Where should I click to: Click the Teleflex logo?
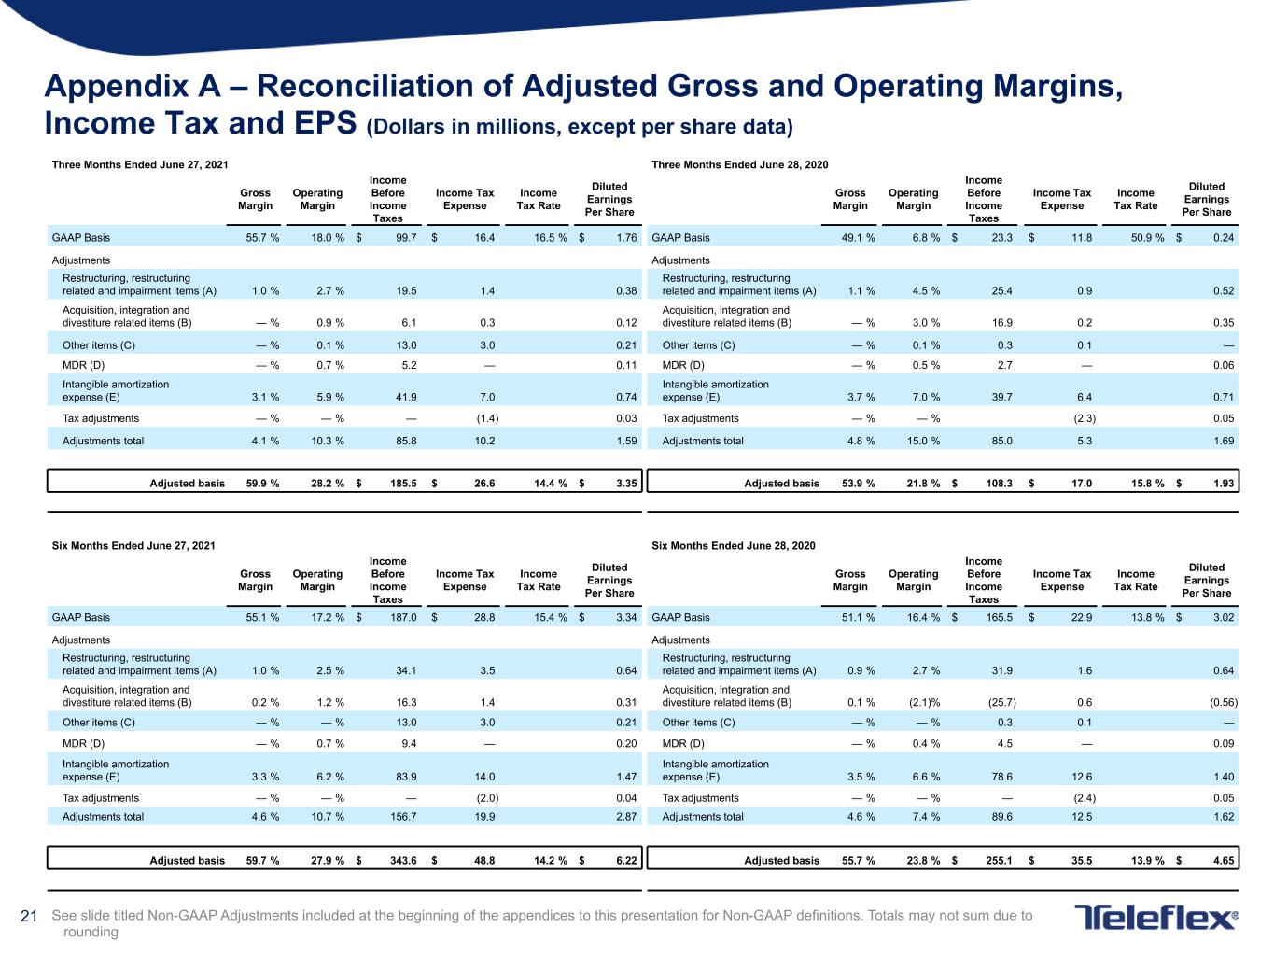(x=1156, y=917)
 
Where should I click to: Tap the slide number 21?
(x=28, y=916)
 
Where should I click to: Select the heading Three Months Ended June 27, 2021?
(x=140, y=164)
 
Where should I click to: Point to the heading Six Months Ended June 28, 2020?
(x=733, y=545)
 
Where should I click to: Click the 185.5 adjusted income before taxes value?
(x=403, y=483)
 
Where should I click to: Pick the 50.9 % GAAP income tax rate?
(x=1147, y=237)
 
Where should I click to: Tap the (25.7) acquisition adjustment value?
(x=1001, y=702)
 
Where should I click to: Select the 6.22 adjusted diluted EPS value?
(x=626, y=860)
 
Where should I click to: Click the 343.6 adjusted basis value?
(x=403, y=860)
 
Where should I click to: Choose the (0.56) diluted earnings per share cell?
(x=1224, y=702)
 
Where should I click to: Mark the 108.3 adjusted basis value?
(x=999, y=483)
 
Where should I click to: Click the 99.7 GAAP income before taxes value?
(x=406, y=237)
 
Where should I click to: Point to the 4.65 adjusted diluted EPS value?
(x=1224, y=860)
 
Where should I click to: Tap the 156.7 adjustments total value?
(x=403, y=816)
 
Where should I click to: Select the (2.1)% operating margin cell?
(x=925, y=702)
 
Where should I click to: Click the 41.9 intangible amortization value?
(x=406, y=397)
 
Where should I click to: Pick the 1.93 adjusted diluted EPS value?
(x=1224, y=483)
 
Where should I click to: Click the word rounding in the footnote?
(x=91, y=933)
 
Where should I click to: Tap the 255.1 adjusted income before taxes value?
(x=999, y=860)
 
